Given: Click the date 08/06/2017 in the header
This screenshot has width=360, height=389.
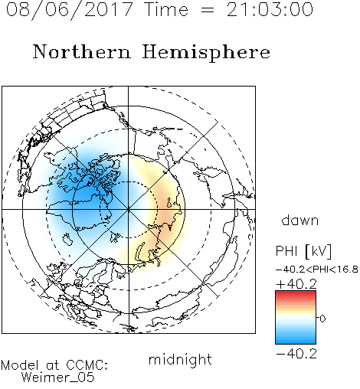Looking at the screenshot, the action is coord(70,10).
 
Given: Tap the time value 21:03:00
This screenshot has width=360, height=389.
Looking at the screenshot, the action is coord(270,9).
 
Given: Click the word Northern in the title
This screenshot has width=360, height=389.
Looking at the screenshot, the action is coord(82,51).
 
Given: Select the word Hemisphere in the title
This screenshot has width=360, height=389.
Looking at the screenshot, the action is coord(206,53).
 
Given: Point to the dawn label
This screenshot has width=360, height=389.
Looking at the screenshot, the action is coord(300,220).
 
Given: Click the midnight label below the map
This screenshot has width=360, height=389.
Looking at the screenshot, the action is coord(180,360).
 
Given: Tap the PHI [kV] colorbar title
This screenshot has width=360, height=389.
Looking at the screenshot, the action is coord(303,251).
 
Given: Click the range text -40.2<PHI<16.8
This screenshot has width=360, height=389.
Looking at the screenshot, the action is coord(316,270).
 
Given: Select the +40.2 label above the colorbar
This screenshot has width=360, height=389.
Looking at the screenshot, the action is coord(296,284).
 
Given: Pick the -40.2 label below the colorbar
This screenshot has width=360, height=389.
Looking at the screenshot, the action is coord(296,354).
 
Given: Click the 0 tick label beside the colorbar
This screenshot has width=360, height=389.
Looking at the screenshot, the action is coord(322,319).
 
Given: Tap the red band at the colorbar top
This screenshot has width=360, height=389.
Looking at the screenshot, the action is coord(296,294).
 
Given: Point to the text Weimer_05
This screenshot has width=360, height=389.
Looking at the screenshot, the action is coord(58,378).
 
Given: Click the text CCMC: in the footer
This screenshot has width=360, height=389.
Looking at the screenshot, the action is coord(87,365).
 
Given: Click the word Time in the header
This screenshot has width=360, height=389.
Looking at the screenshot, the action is coord(166,9).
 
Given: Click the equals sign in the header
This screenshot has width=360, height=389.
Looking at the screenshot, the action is coord(208,10).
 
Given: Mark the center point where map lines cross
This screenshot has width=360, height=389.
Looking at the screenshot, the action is coord(129,209).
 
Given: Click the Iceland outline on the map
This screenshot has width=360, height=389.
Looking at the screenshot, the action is coord(67,239).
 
